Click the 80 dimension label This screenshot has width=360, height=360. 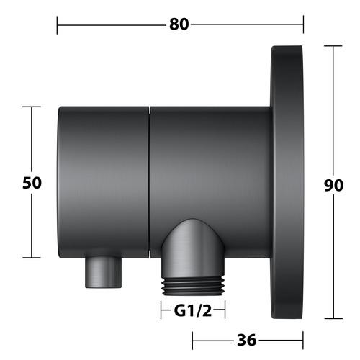pyautogui.click(x=179, y=24)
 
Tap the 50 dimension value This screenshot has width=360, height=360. pyautogui.click(x=32, y=183)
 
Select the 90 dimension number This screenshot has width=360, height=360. pyautogui.click(x=333, y=185)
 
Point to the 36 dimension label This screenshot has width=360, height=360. pyautogui.click(x=247, y=340)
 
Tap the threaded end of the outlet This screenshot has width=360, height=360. pyautogui.click(x=193, y=287)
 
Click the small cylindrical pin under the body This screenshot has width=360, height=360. pyautogui.click(x=104, y=271)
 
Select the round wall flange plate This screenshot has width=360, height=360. pyautogui.click(x=287, y=182)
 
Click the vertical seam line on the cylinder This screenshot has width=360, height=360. pyautogui.click(x=149, y=182)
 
